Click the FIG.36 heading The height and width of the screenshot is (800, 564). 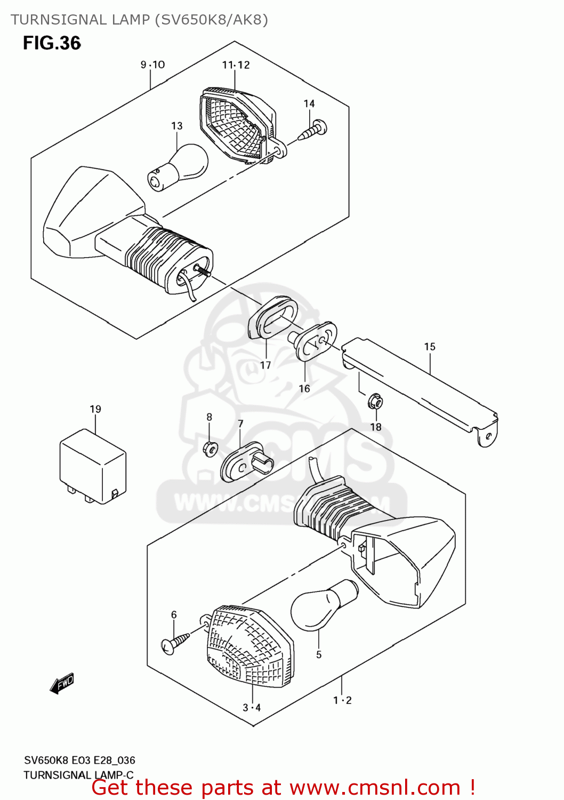click(x=52, y=43)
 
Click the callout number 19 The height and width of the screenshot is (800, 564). click(x=95, y=409)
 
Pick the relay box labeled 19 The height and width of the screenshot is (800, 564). click(x=93, y=466)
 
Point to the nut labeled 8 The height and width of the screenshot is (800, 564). click(x=210, y=448)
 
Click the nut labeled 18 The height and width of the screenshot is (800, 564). click(x=375, y=401)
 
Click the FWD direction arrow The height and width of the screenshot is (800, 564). click(x=62, y=683)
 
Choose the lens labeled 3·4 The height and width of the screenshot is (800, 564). click(x=249, y=646)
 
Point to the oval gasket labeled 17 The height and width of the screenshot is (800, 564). click(x=273, y=318)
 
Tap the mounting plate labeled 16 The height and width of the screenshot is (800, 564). click(x=316, y=340)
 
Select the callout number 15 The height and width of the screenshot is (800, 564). click(x=430, y=347)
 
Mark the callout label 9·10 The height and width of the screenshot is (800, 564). click(x=152, y=65)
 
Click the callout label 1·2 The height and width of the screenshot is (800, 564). click(x=342, y=700)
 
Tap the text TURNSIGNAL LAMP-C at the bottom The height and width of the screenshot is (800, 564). click(x=78, y=775)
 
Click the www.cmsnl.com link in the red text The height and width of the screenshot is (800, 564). click(x=375, y=787)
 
